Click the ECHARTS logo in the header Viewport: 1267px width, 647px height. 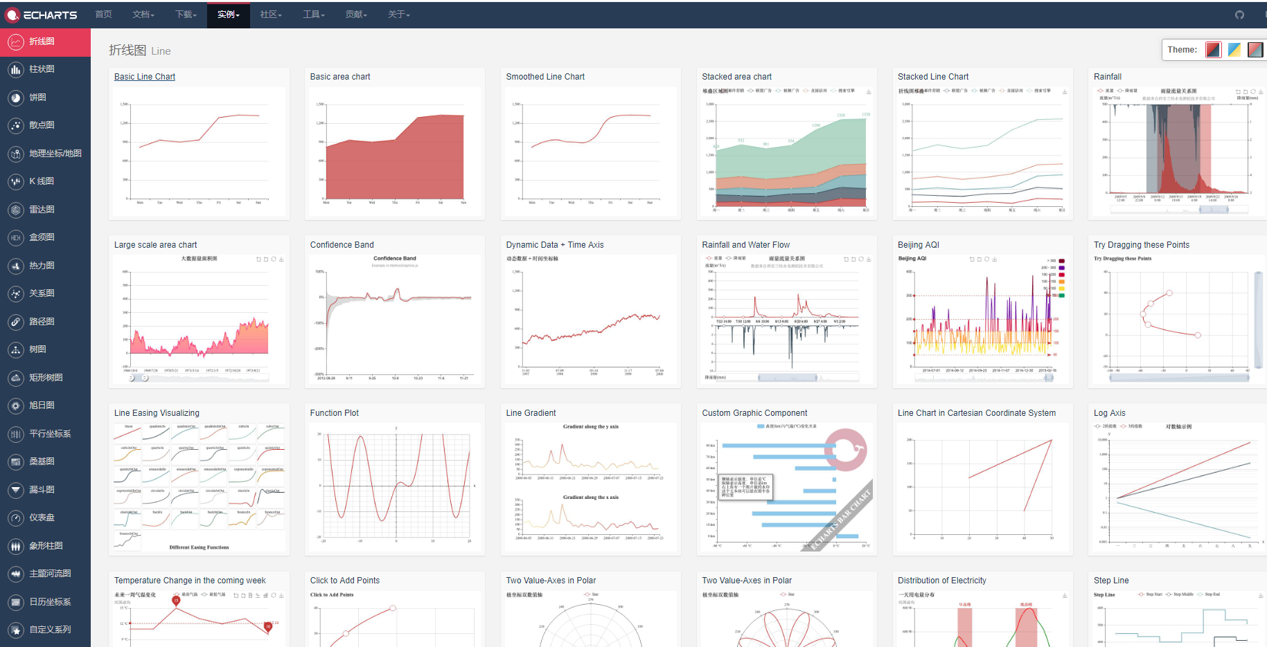click(x=42, y=15)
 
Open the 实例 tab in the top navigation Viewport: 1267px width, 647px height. click(x=228, y=15)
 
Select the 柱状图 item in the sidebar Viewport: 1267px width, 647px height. click(x=42, y=69)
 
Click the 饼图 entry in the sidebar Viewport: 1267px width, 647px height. click(x=37, y=98)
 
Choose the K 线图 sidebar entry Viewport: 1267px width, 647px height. click(x=41, y=181)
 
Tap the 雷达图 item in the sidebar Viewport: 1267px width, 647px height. click(x=42, y=210)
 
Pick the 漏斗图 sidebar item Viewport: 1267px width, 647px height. click(x=42, y=490)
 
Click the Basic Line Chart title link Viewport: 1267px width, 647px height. click(x=144, y=77)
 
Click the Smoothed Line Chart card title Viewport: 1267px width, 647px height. click(x=544, y=77)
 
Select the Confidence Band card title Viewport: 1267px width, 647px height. click(x=342, y=245)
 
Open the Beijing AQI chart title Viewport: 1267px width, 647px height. click(x=918, y=245)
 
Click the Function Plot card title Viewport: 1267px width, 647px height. click(x=334, y=413)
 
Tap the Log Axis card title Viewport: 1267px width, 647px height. click(x=1109, y=413)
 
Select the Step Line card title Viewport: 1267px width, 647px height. click(x=1110, y=581)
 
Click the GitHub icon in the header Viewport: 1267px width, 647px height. click(x=1239, y=15)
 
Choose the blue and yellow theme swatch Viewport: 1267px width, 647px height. click(x=1234, y=50)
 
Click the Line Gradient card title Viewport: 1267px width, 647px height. click(x=531, y=413)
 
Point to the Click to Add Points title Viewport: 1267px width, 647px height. click(x=344, y=581)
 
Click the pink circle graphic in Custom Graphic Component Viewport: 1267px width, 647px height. click(x=845, y=450)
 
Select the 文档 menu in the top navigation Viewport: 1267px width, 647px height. click(x=143, y=15)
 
